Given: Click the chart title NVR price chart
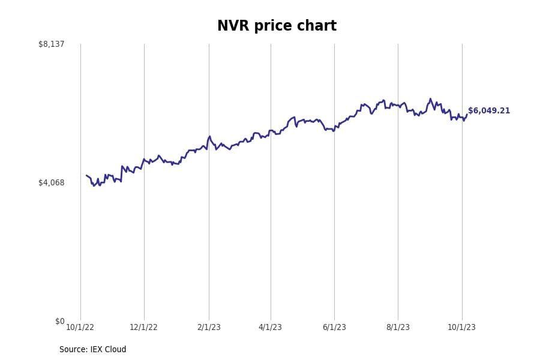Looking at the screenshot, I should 277,26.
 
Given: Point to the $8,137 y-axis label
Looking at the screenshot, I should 51,44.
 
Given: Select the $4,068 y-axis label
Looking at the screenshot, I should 51,182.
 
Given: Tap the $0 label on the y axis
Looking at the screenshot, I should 59,321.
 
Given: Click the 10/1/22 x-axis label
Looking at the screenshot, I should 80,327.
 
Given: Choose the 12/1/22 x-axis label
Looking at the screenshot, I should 143,327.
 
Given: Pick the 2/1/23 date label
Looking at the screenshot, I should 208,327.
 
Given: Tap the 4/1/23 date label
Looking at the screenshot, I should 270,327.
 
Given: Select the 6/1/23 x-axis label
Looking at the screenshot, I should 334,327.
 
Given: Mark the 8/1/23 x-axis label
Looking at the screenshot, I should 398,327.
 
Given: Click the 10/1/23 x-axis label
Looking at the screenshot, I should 461,327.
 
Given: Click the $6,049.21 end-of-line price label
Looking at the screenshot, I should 489,111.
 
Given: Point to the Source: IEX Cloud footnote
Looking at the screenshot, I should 92,350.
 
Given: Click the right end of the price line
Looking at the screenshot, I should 467,115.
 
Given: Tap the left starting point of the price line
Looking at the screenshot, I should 86,176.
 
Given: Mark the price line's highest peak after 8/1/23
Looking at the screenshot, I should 430,99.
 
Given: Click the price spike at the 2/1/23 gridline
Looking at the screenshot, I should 209,137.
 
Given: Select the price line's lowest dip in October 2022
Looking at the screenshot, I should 94,185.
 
